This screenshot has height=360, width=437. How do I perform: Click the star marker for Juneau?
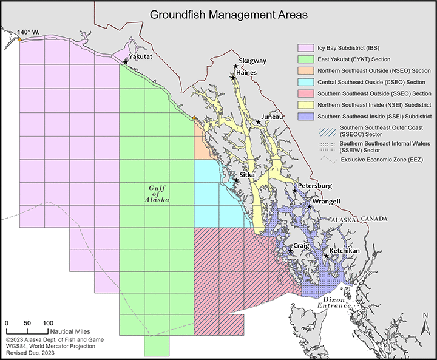click(259, 122)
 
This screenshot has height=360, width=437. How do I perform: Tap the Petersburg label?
click(315, 185)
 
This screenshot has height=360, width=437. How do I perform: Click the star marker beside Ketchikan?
click(327, 256)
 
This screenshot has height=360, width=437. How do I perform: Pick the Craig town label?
click(302, 246)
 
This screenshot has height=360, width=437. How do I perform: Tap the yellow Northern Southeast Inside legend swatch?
click(307, 104)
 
